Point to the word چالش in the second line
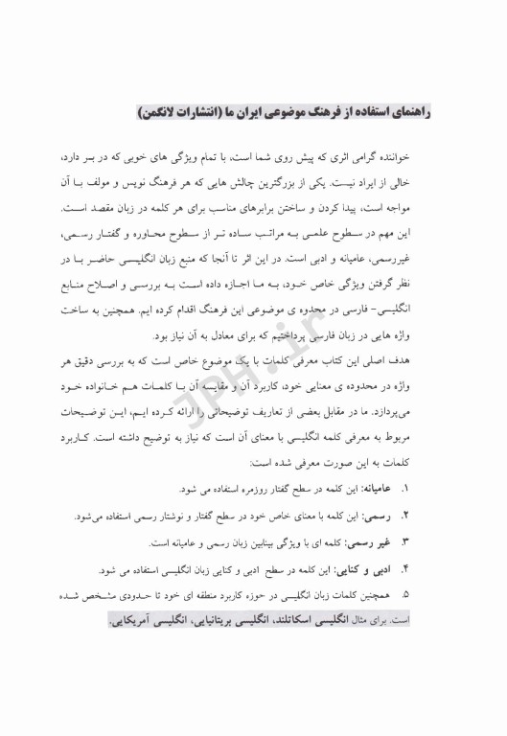click(x=238, y=181)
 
